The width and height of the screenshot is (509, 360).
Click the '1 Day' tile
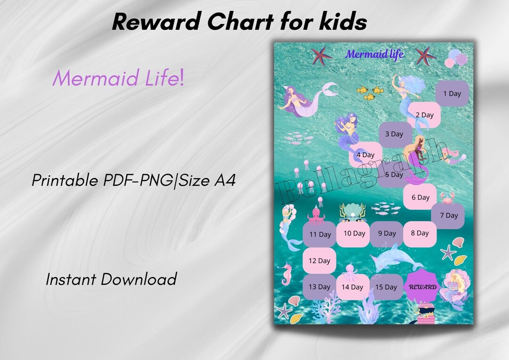(x=452, y=93)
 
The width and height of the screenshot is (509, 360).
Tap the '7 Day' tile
(x=449, y=215)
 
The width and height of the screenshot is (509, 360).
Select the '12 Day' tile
(x=320, y=261)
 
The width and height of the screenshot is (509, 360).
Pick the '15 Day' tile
(x=386, y=287)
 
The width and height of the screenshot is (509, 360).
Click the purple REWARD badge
(x=422, y=286)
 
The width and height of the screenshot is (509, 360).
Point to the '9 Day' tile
(x=386, y=233)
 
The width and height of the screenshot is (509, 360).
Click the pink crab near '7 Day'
(x=446, y=197)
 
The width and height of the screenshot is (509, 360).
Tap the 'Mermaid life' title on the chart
(x=374, y=54)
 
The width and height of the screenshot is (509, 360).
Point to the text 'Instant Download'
(x=111, y=279)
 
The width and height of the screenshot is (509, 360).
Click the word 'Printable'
(x=65, y=180)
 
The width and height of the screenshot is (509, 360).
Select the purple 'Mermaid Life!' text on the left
(x=118, y=78)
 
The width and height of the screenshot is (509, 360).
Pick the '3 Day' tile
(x=394, y=134)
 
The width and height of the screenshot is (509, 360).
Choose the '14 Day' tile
(x=353, y=287)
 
